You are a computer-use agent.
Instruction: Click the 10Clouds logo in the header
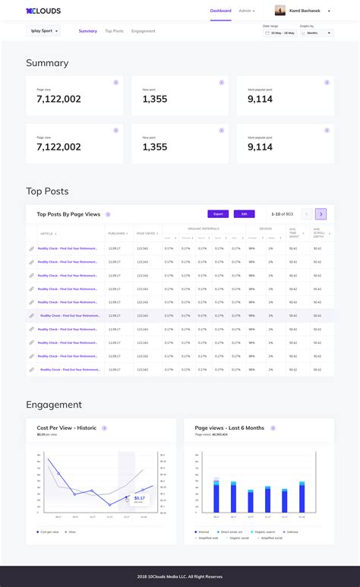tap(43, 11)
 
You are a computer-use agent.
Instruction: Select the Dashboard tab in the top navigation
tap(221, 11)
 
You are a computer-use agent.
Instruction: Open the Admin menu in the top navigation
tap(246, 11)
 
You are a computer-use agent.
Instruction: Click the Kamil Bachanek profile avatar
tap(279, 11)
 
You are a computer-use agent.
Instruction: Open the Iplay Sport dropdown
tap(43, 32)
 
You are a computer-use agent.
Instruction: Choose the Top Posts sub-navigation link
tap(114, 31)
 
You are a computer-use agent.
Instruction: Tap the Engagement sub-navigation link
tap(143, 31)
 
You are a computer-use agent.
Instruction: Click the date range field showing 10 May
tap(279, 33)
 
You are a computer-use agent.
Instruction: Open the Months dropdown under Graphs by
tap(317, 33)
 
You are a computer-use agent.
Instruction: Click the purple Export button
tap(218, 214)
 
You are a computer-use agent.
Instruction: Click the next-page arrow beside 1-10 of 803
tap(321, 214)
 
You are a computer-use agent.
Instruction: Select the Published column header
tap(117, 233)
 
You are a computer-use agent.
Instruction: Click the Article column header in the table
tap(47, 233)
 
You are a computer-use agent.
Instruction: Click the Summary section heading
tap(47, 63)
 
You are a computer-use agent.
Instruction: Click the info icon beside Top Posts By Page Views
tap(109, 215)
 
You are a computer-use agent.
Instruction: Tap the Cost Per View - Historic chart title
tap(68, 428)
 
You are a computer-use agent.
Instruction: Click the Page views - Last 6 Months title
tap(229, 428)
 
